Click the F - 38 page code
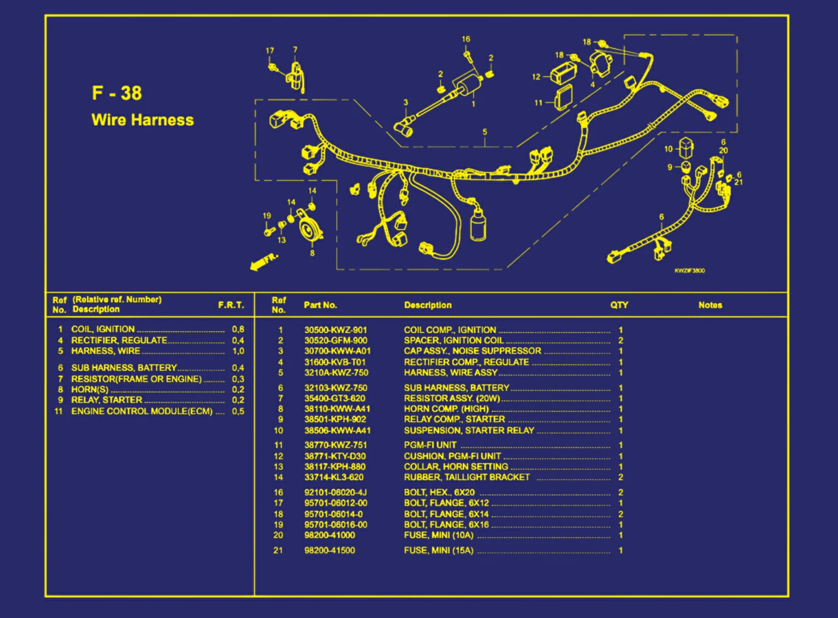(x=117, y=93)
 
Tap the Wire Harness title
(x=143, y=120)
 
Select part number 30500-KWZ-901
(x=336, y=330)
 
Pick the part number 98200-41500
(x=330, y=551)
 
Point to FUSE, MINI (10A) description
(x=439, y=535)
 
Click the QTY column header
(x=619, y=305)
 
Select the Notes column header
(x=710, y=305)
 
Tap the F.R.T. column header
(x=231, y=305)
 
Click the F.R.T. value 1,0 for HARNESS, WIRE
(x=238, y=351)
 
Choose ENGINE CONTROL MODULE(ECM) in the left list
(x=141, y=411)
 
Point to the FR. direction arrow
(x=264, y=262)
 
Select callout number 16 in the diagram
(x=466, y=39)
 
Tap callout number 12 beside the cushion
(x=536, y=77)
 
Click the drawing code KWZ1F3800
(x=689, y=270)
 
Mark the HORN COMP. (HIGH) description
(x=446, y=409)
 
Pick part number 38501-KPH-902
(x=335, y=419)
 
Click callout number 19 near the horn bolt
(x=267, y=216)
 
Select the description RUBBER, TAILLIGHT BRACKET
(x=467, y=478)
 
